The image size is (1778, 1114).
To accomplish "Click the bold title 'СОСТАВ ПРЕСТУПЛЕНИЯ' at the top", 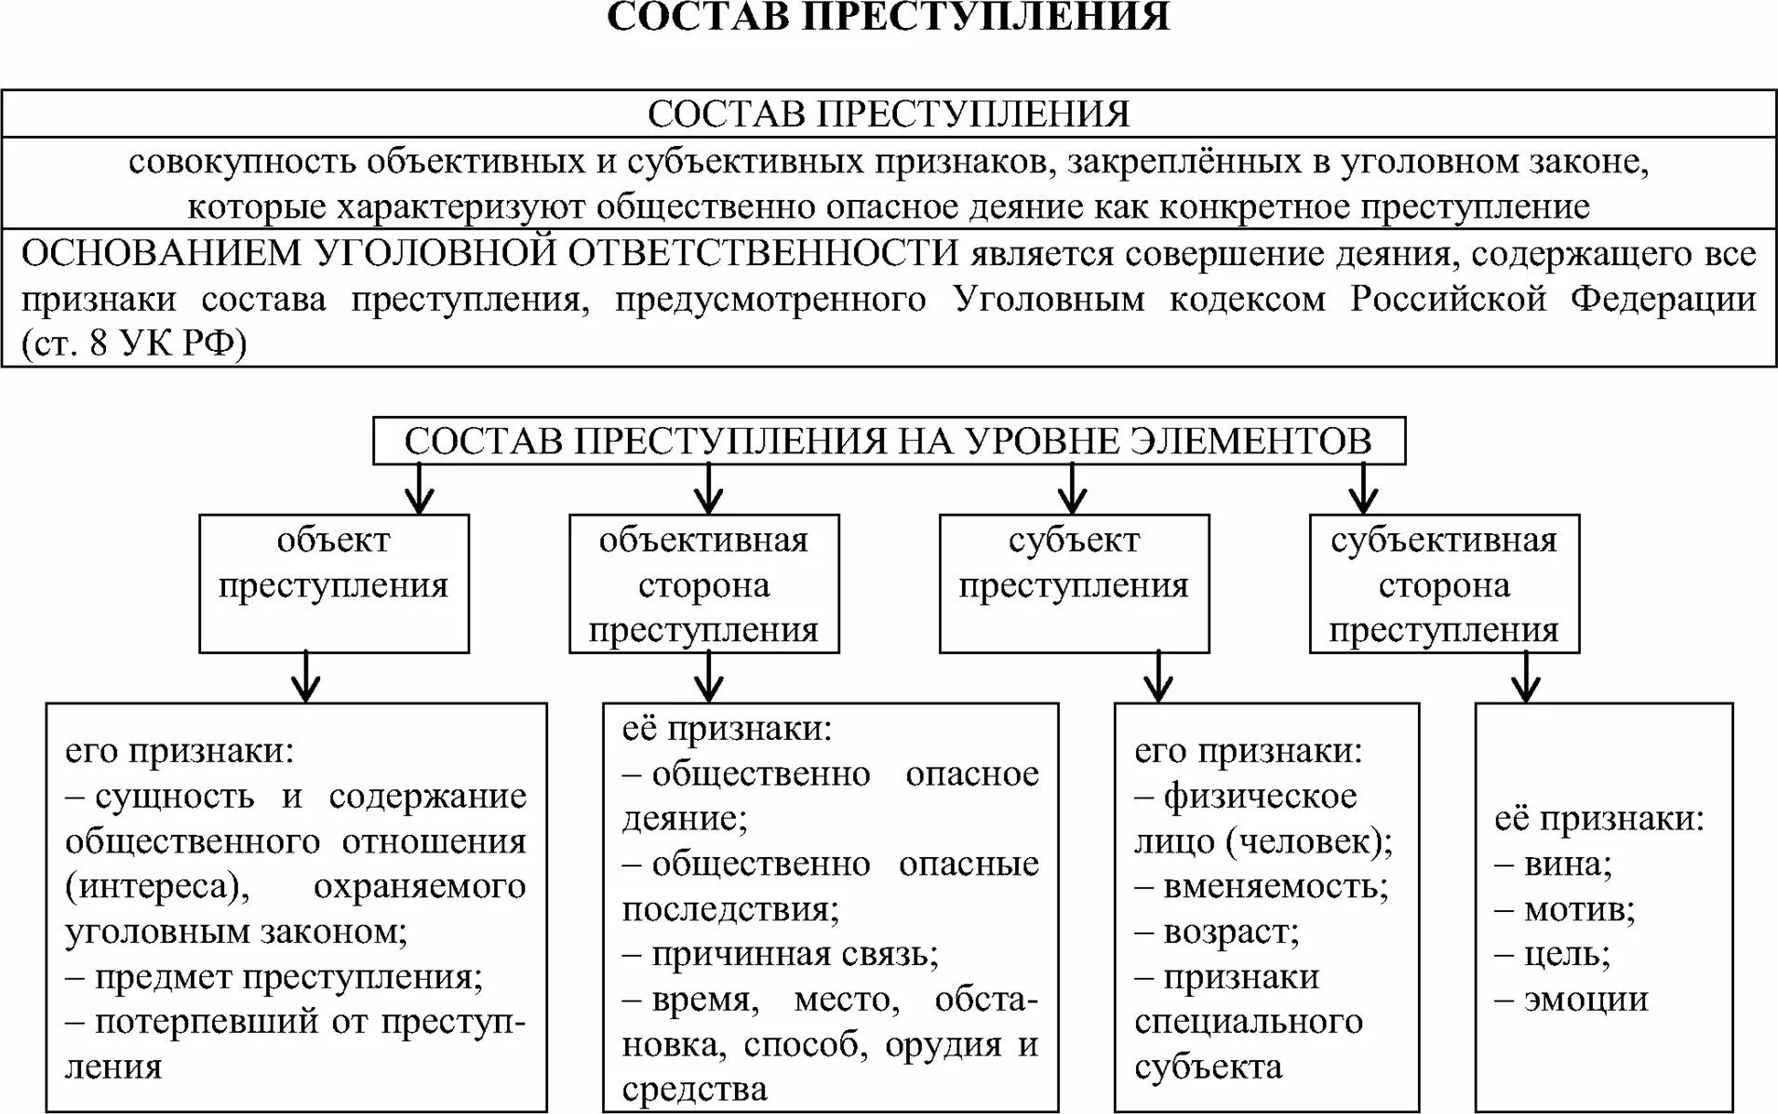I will tap(888, 19).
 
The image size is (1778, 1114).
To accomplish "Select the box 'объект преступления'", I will tap(333, 583).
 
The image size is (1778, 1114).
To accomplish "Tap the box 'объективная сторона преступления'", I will tap(703, 584).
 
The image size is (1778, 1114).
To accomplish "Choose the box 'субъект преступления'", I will tap(1074, 583).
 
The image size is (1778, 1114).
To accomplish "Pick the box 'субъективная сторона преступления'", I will tap(1444, 584).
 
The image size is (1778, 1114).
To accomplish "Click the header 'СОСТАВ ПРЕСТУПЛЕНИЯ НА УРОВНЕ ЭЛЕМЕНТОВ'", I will tap(888, 440).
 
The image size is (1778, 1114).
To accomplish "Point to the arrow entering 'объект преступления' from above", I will tap(420, 490).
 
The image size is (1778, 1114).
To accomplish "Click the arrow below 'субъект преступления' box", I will tap(1157, 678).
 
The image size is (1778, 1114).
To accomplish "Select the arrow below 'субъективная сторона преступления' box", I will tap(1526, 678).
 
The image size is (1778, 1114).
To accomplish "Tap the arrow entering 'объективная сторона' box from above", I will tap(709, 490).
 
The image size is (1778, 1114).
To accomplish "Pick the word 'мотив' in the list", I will tap(1578, 909).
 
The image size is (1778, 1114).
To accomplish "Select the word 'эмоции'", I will tap(1585, 1000).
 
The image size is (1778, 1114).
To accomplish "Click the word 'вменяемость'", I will tap(1275, 886).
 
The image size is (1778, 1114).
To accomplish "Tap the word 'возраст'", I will tap(1230, 932).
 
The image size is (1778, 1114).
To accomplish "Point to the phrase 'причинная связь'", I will tap(794, 954).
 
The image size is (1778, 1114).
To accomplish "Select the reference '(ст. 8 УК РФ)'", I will tap(134, 344).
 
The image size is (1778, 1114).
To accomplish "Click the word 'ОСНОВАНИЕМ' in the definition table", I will tap(161, 253).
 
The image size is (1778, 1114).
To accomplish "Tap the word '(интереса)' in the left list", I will tap(157, 887).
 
